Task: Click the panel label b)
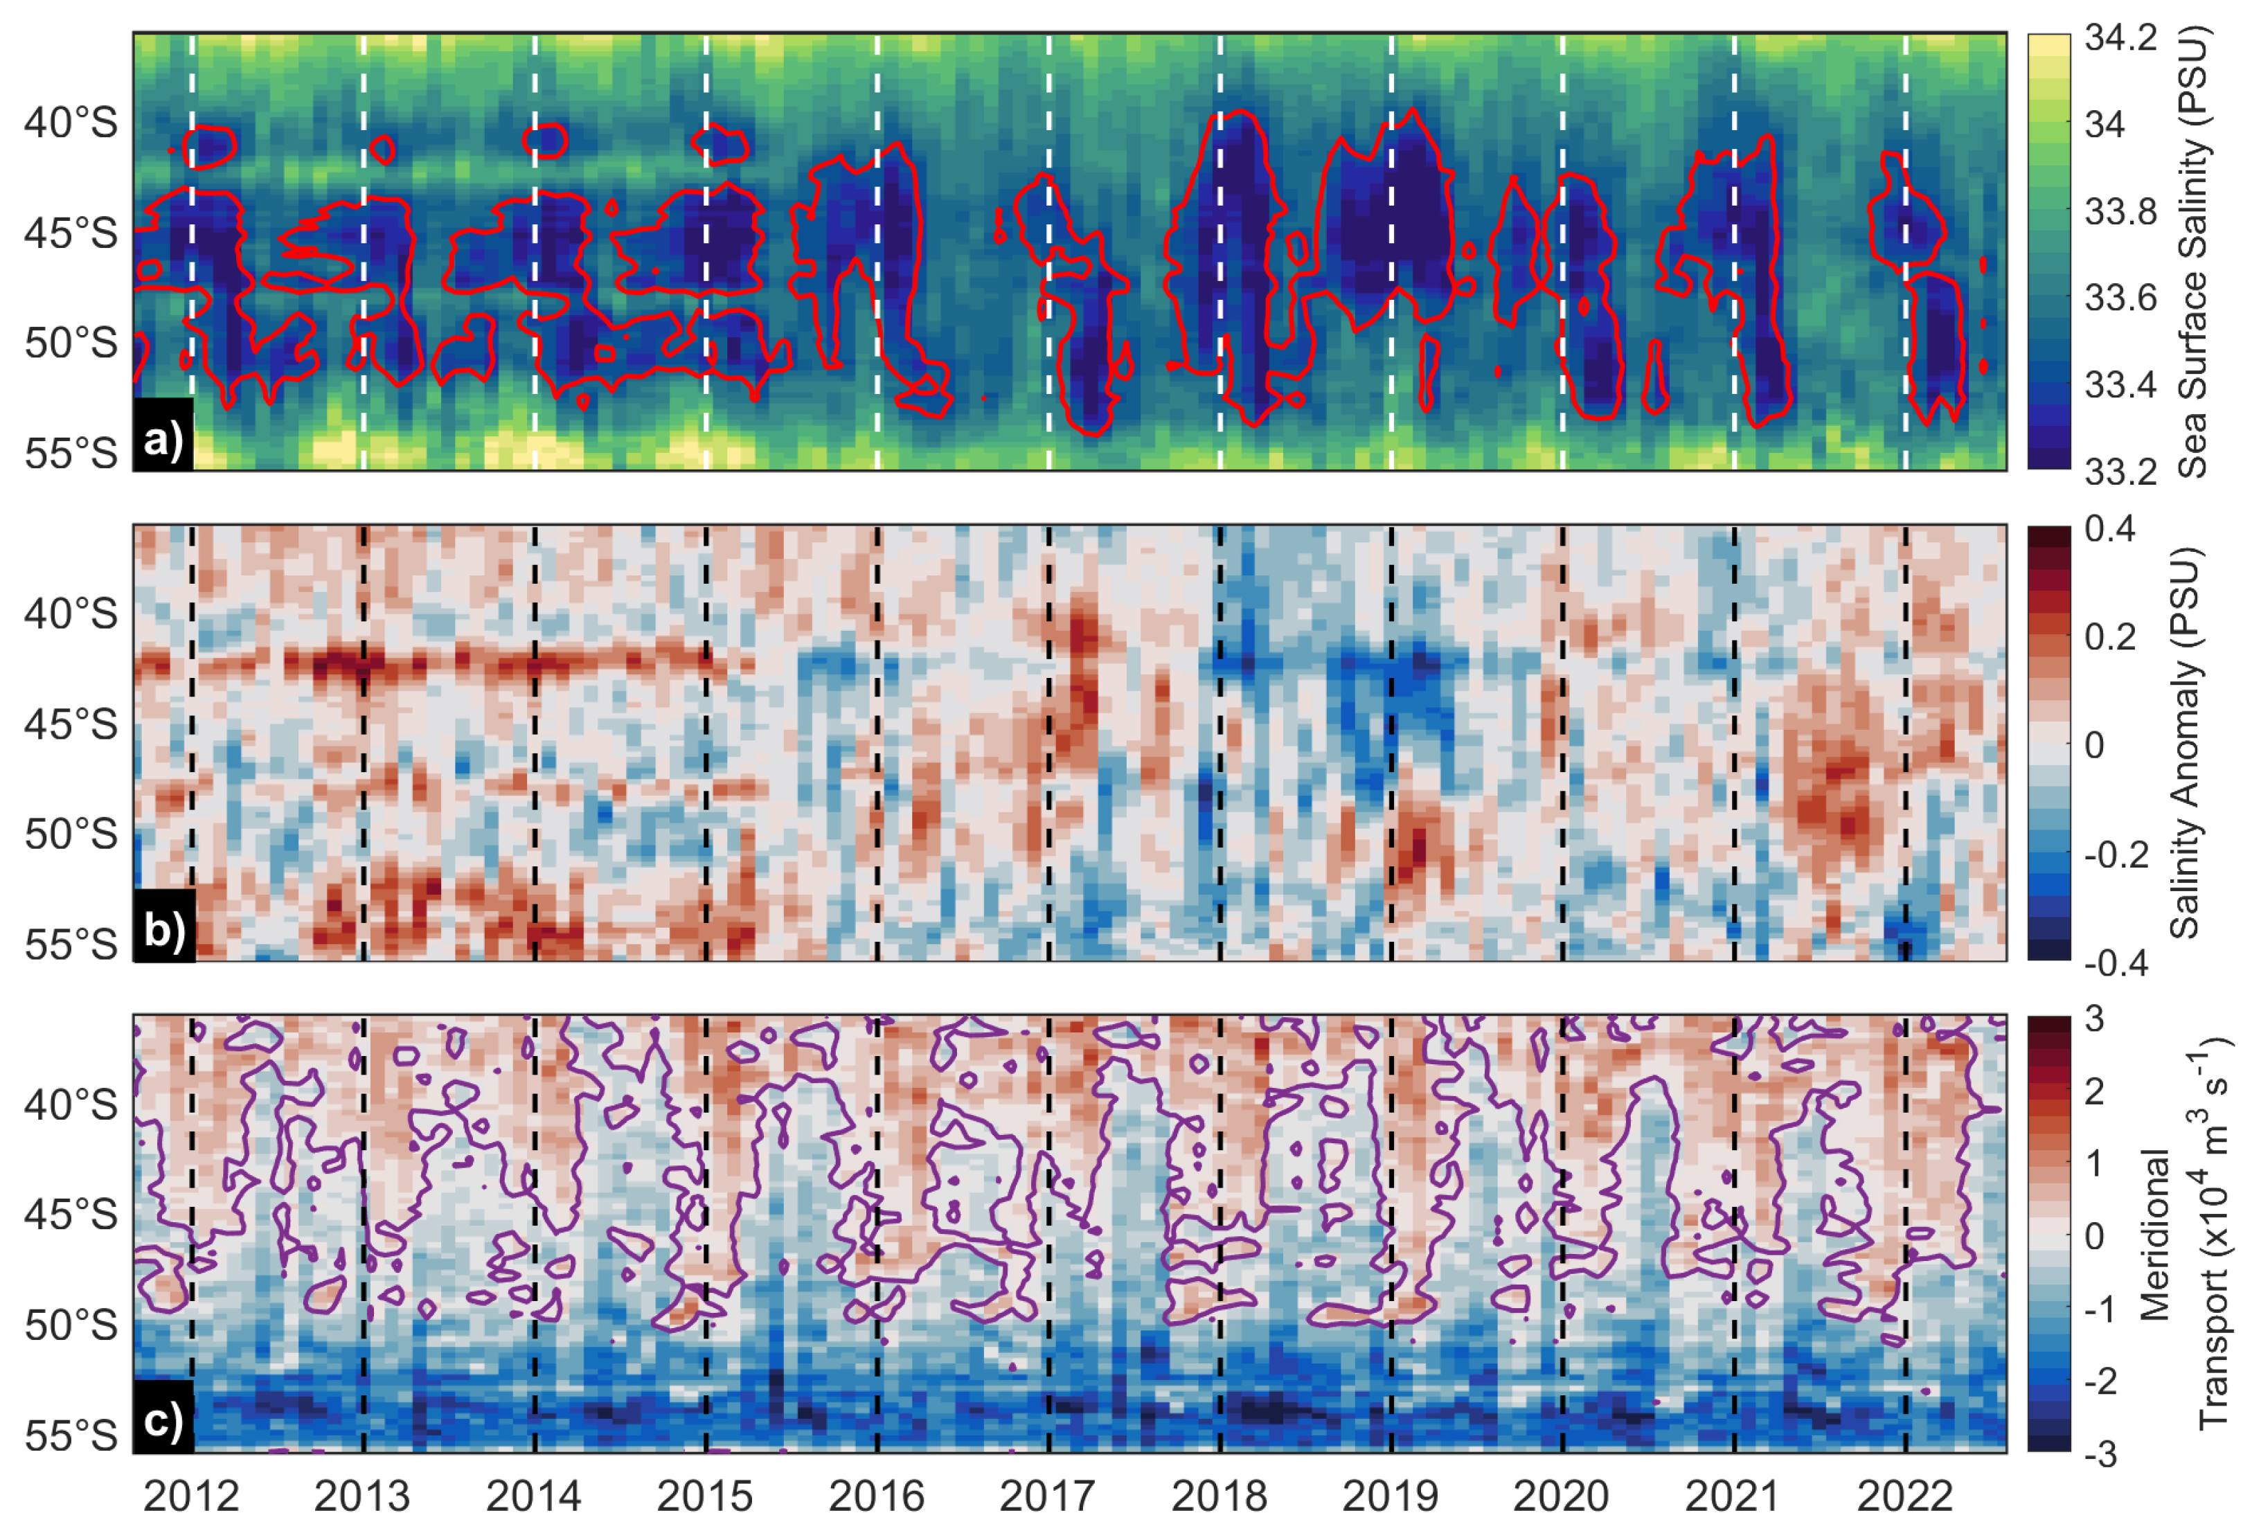coord(163,929)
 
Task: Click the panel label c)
coord(163,1420)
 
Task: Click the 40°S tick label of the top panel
coord(71,123)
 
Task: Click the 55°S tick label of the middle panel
coord(71,944)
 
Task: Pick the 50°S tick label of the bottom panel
coord(71,1325)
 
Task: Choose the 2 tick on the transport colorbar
coord(2094,1092)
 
